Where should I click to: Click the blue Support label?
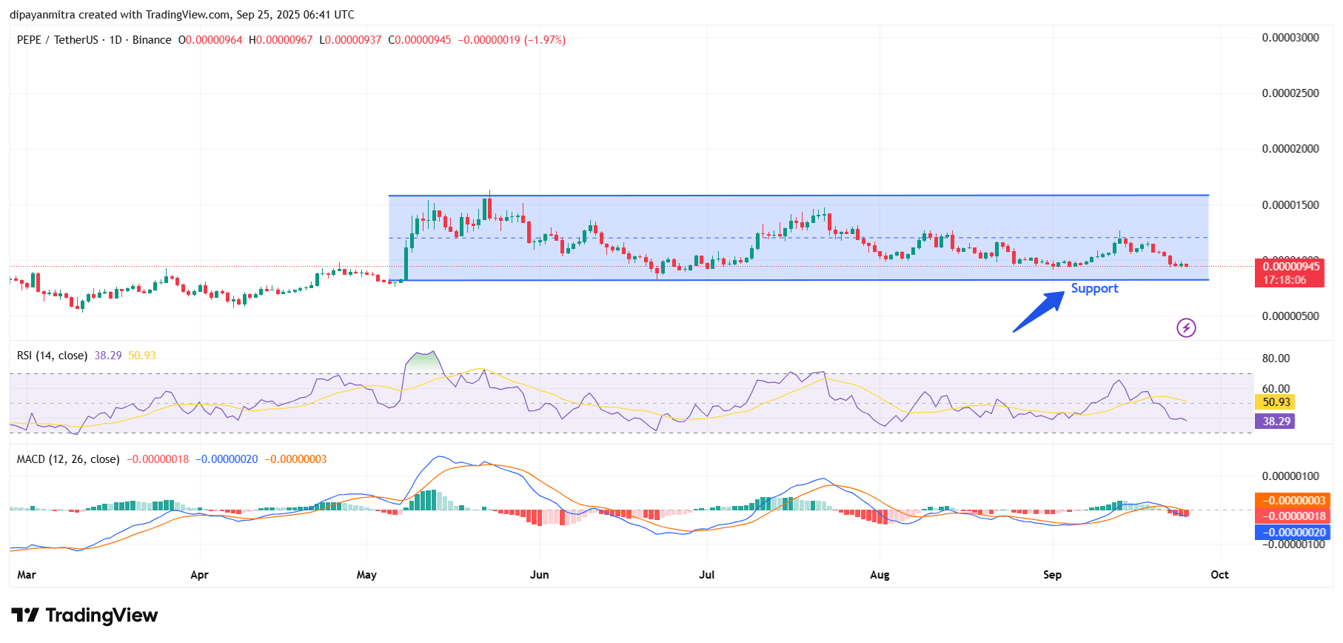pos(1094,288)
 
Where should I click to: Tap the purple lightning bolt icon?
pos(1186,327)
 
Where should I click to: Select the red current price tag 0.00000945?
pos(1290,267)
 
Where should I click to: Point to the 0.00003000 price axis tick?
pos(1290,38)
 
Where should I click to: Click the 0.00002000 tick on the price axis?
pos(1290,149)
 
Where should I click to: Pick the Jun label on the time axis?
pos(540,575)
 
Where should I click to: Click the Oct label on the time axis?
pos(1219,575)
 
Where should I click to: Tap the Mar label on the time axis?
pos(27,575)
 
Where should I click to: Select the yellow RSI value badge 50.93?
pos(1276,402)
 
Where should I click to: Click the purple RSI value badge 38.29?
pos(1276,422)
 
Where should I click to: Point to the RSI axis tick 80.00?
pos(1276,359)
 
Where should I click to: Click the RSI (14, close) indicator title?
pos(52,356)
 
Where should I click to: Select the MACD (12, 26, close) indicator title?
pos(68,459)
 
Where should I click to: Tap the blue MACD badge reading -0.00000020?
pos(1292,533)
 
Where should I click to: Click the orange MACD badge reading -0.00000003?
pos(1292,501)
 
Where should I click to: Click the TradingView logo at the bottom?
pos(85,616)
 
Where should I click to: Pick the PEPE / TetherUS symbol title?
pos(57,40)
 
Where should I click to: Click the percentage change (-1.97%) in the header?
pos(545,40)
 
